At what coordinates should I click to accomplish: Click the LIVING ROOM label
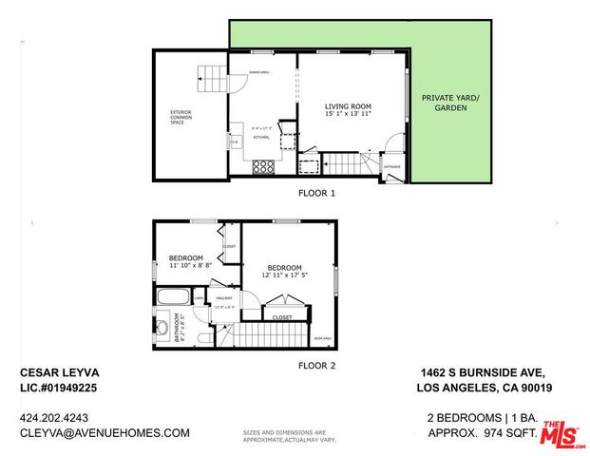pyautogui.click(x=348, y=106)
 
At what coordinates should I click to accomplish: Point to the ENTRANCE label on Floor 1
pyautogui.click(x=391, y=167)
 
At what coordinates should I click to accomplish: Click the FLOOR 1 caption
pyautogui.click(x=317, y=193)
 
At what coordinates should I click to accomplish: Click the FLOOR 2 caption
pyautogui.click(x=317, y=365)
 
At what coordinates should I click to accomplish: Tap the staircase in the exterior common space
pyautogui.click(x=211, y=73)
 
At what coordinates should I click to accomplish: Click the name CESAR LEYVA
pyautogui.click(x=60, y=372)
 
